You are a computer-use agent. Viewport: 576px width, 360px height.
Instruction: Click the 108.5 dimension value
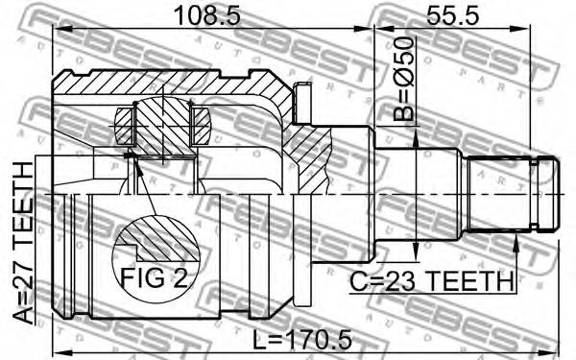[207, 16]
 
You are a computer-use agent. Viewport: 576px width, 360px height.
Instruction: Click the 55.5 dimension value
[452, 16]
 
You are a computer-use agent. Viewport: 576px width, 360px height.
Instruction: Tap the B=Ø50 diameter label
[404, 79]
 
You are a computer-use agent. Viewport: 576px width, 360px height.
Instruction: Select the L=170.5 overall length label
[302, 340]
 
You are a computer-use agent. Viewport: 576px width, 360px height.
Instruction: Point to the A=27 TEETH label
[23, 243]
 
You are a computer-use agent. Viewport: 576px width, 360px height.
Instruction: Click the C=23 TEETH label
[431, 281]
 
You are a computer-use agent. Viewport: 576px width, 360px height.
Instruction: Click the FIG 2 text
[154, 277]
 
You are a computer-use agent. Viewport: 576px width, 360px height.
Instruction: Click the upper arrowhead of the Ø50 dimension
[416, 139]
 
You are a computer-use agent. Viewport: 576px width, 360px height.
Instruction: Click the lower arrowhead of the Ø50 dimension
[416, 251]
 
